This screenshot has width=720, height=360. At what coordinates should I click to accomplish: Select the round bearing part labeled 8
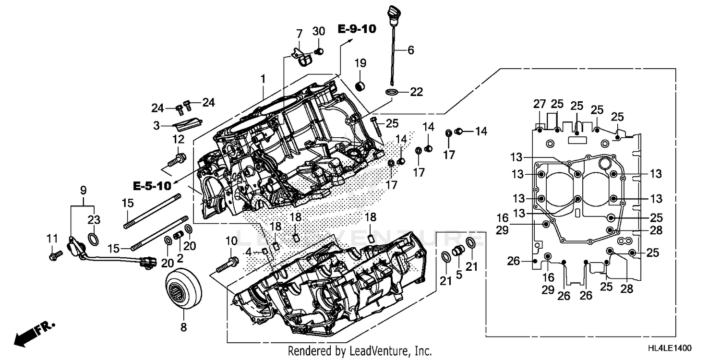click(x=184, y=288)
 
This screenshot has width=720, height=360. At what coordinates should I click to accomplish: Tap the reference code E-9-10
click(x=357, y=29)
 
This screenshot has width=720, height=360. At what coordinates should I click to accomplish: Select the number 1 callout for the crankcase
click(x=263, y=78)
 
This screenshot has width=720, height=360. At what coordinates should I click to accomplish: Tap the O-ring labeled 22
click(x=392, y=92)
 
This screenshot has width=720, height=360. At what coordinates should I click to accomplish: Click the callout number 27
click(x=540, y=104)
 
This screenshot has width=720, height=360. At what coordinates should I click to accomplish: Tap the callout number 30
click(x=319, y=32)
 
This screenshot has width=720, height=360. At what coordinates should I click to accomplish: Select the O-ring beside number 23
click(x=94, y=239)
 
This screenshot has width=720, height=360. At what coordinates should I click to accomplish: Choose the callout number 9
click(x=83, y=190)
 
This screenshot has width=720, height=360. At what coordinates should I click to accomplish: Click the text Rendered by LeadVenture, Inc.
click(x=360, y=351)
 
